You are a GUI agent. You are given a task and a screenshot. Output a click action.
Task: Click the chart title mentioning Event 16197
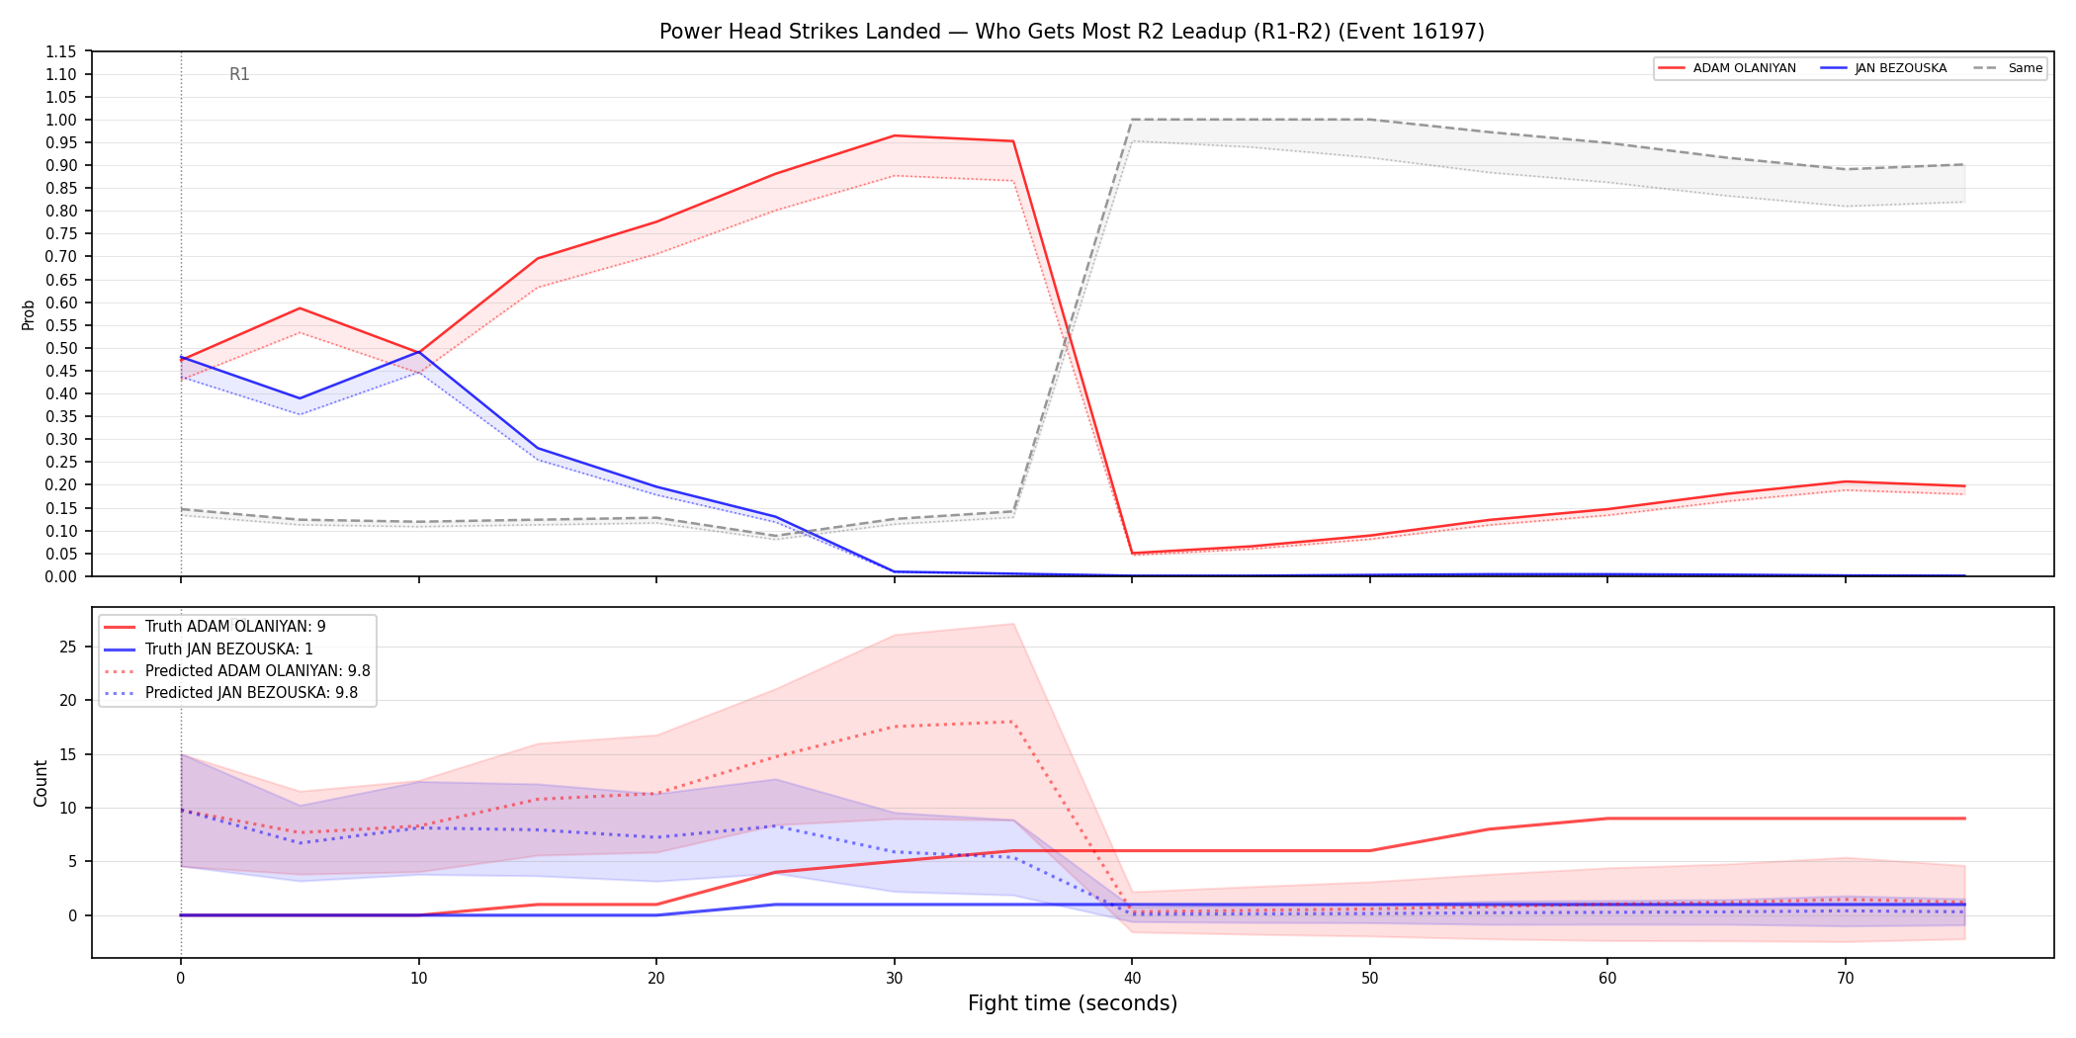pos(1072,32)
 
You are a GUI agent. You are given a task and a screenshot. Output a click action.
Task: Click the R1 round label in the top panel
pos(239,74)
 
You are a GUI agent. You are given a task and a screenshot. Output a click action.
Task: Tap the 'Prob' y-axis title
pos(29,314)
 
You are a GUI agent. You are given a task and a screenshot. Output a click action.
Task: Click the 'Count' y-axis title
pos(41,783)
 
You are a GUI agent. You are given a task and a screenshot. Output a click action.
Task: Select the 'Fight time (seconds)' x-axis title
pos(1073,1003)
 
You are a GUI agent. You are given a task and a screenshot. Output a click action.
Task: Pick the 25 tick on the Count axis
pos(68,647)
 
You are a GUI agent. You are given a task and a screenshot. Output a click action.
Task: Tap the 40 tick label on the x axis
pos(1132,979)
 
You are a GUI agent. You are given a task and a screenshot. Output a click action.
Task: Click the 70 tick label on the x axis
pos(1846,979)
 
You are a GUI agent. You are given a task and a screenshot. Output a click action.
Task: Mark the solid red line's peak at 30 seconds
pos(895,135)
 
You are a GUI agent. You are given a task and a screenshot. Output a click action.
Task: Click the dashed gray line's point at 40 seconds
pos(1132,120)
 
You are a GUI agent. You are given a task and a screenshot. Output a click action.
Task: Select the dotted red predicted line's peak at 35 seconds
pos(1013,722)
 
